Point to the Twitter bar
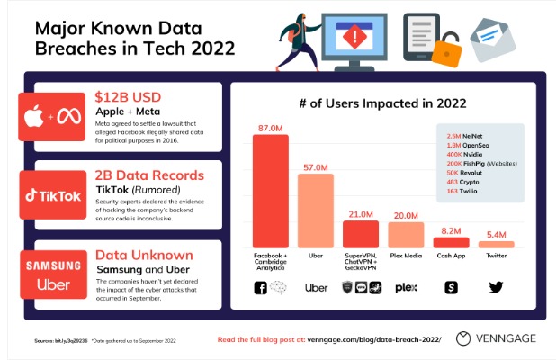496,244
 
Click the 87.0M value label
271,130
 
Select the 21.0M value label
361,214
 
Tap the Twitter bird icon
496,287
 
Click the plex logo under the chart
406,287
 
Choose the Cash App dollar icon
451,287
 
